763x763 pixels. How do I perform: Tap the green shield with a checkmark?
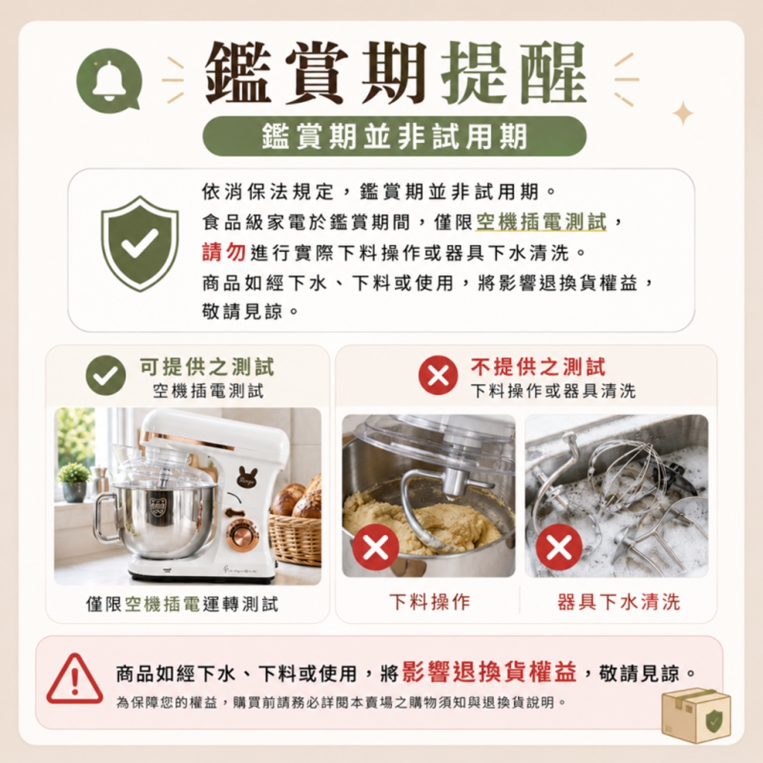click(139, 244)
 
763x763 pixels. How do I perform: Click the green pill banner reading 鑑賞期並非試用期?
click(394, 136)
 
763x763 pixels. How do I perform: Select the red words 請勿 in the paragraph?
click(224, 252)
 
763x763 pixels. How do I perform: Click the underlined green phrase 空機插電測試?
click(541, 222)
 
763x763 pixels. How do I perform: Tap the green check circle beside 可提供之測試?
click(106, 375)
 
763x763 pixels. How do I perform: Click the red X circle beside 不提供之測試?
click(438, 375)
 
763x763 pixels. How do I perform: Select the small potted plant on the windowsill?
click(74, 482)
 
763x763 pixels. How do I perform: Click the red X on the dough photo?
click(376, 548)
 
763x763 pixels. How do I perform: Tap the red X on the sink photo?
click(559, 548)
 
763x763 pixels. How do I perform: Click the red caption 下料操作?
click(430, 602)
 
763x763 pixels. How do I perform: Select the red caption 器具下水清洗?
click(618, 602)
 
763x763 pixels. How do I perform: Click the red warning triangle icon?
click(75, 680)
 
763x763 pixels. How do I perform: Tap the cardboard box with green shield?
click(696, 715)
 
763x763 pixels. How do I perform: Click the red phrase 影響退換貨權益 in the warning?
click(489, 674)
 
